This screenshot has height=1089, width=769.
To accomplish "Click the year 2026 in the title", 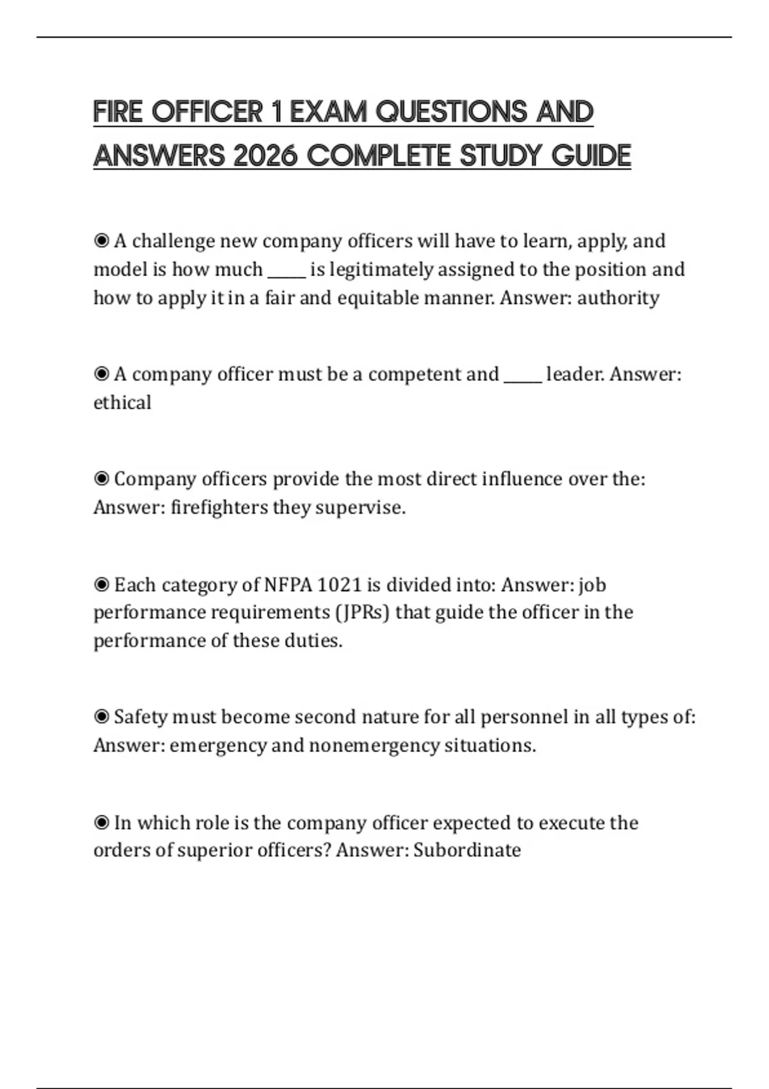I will point(265,156).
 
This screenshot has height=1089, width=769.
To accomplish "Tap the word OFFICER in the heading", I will point(207,112).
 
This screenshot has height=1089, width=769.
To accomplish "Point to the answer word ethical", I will point(122,403).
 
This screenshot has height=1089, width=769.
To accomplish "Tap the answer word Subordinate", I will point(467,850).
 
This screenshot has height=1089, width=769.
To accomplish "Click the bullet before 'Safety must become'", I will point(101,717).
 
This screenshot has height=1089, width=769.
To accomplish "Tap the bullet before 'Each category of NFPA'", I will point(101,585).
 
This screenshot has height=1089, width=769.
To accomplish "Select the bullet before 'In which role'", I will point(101,823).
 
